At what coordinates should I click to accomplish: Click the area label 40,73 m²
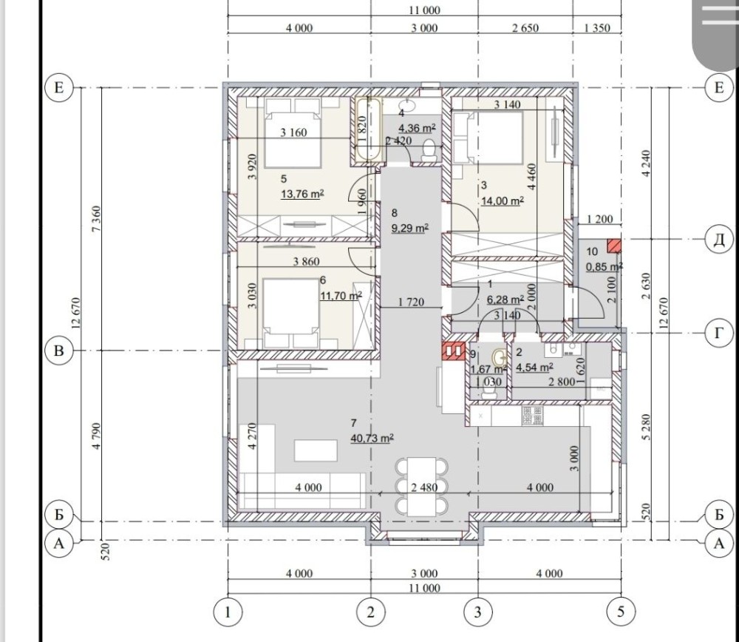coord(372,438)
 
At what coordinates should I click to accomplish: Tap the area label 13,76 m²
coord(302,194)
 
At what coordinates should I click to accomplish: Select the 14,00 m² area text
coord(503,201)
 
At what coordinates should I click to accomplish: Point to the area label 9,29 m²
coord(410,229)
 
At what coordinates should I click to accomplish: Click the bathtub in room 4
coord(368,129)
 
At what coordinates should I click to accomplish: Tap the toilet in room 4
coord(429,149)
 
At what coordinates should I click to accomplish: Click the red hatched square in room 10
coord(613,246)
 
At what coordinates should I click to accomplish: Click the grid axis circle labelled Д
coord(719,240)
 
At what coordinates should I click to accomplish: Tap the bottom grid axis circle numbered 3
coord(478,612)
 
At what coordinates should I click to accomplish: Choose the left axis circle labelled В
coord(59,351)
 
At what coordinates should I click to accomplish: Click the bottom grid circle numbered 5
coord(621,612)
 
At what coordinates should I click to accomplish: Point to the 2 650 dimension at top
coord(525,28)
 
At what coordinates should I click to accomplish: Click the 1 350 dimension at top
coord(596,28)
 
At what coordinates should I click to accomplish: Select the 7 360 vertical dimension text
coord(96,219)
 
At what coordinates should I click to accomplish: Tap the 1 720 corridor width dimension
coord(411,302)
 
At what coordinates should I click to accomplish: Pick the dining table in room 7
coord(421,487)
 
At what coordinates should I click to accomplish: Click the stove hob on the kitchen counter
coord(532,416)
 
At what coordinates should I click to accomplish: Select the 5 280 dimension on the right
coord(646,427)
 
